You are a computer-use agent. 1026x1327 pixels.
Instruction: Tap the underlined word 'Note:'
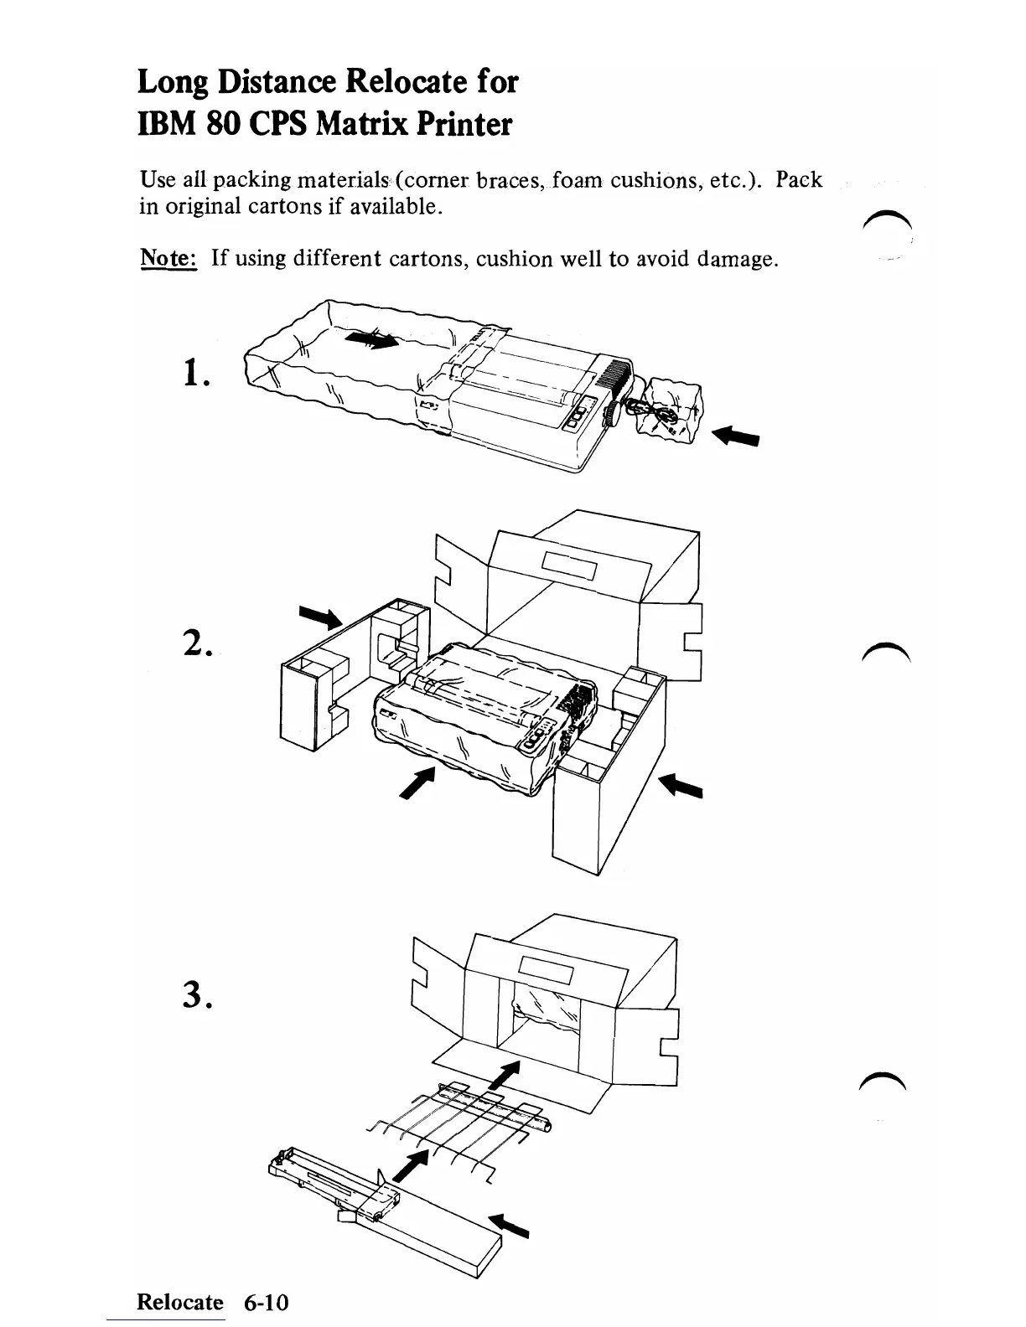[x=167, y=258]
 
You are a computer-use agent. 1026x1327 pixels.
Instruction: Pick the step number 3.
[x=197, y=994]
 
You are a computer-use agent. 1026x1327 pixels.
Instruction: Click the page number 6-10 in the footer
[x=266, y=1303]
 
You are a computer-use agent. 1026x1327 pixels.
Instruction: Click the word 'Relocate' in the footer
[x=180, y=1303]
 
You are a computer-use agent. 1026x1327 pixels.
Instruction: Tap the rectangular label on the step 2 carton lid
[x=570, y=567]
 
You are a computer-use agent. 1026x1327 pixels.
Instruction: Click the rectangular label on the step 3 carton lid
[x=546, y=972]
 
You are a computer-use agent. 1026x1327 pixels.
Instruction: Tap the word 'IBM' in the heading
[x=165, y=124]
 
